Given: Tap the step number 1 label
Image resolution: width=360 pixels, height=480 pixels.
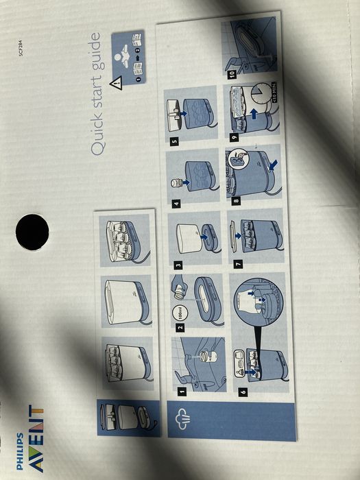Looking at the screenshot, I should click(182, 392).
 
